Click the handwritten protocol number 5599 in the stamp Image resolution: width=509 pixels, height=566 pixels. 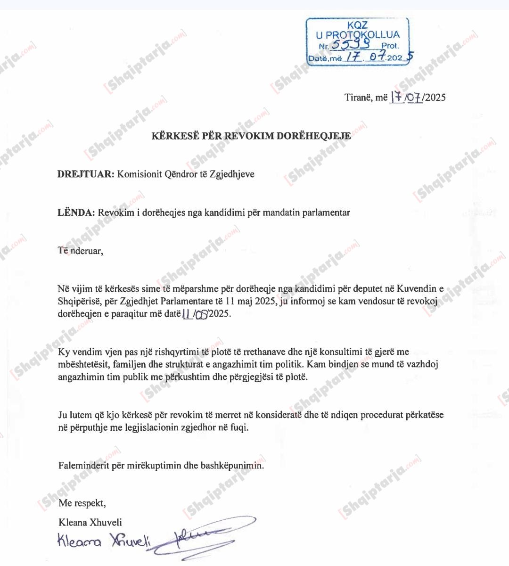350,44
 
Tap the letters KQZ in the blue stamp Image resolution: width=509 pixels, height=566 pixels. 357,25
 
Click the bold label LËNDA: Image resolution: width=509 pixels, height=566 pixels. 76,213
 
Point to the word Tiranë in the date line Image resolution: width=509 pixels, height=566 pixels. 359,98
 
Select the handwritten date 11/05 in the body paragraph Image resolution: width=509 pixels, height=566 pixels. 195,313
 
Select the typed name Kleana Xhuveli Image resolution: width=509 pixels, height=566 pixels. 90,522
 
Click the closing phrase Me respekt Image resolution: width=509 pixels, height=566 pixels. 82,503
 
